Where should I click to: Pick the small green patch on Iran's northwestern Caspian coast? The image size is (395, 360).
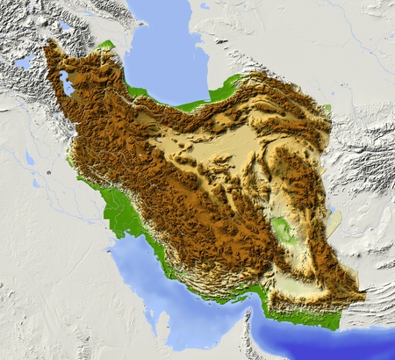pos(106,45)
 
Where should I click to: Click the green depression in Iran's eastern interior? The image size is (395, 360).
pos(283,230)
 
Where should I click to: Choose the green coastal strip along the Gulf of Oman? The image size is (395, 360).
pos(312,318)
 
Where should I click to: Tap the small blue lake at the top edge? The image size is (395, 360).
pos(204,6)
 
